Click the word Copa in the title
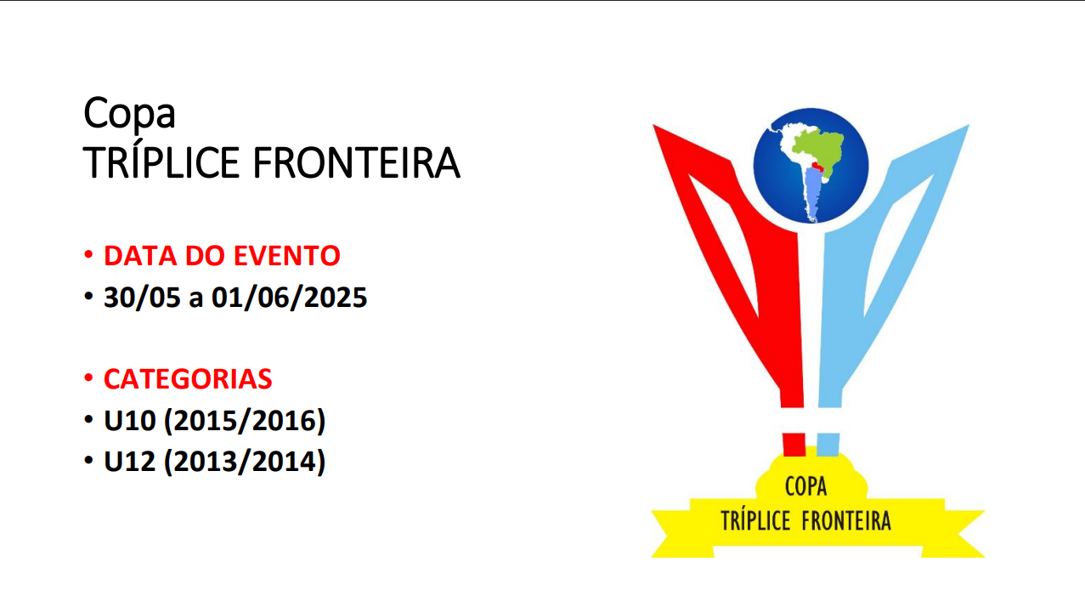(129, 114)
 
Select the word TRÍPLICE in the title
(161, 162)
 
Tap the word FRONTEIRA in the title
(356, 163)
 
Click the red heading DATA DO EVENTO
(222, 255)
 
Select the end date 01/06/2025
(289, 297)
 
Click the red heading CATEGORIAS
(188, 378)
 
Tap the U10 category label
(130, 420)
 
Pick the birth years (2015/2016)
(245, 420)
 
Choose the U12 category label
(130, 461)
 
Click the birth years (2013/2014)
(245, 461)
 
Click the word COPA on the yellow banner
(805, 486)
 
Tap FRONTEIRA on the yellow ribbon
(846, 521)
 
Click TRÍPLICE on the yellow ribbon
(755, 521)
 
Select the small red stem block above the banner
(794, 445)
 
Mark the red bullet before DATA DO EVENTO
(88, 254)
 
